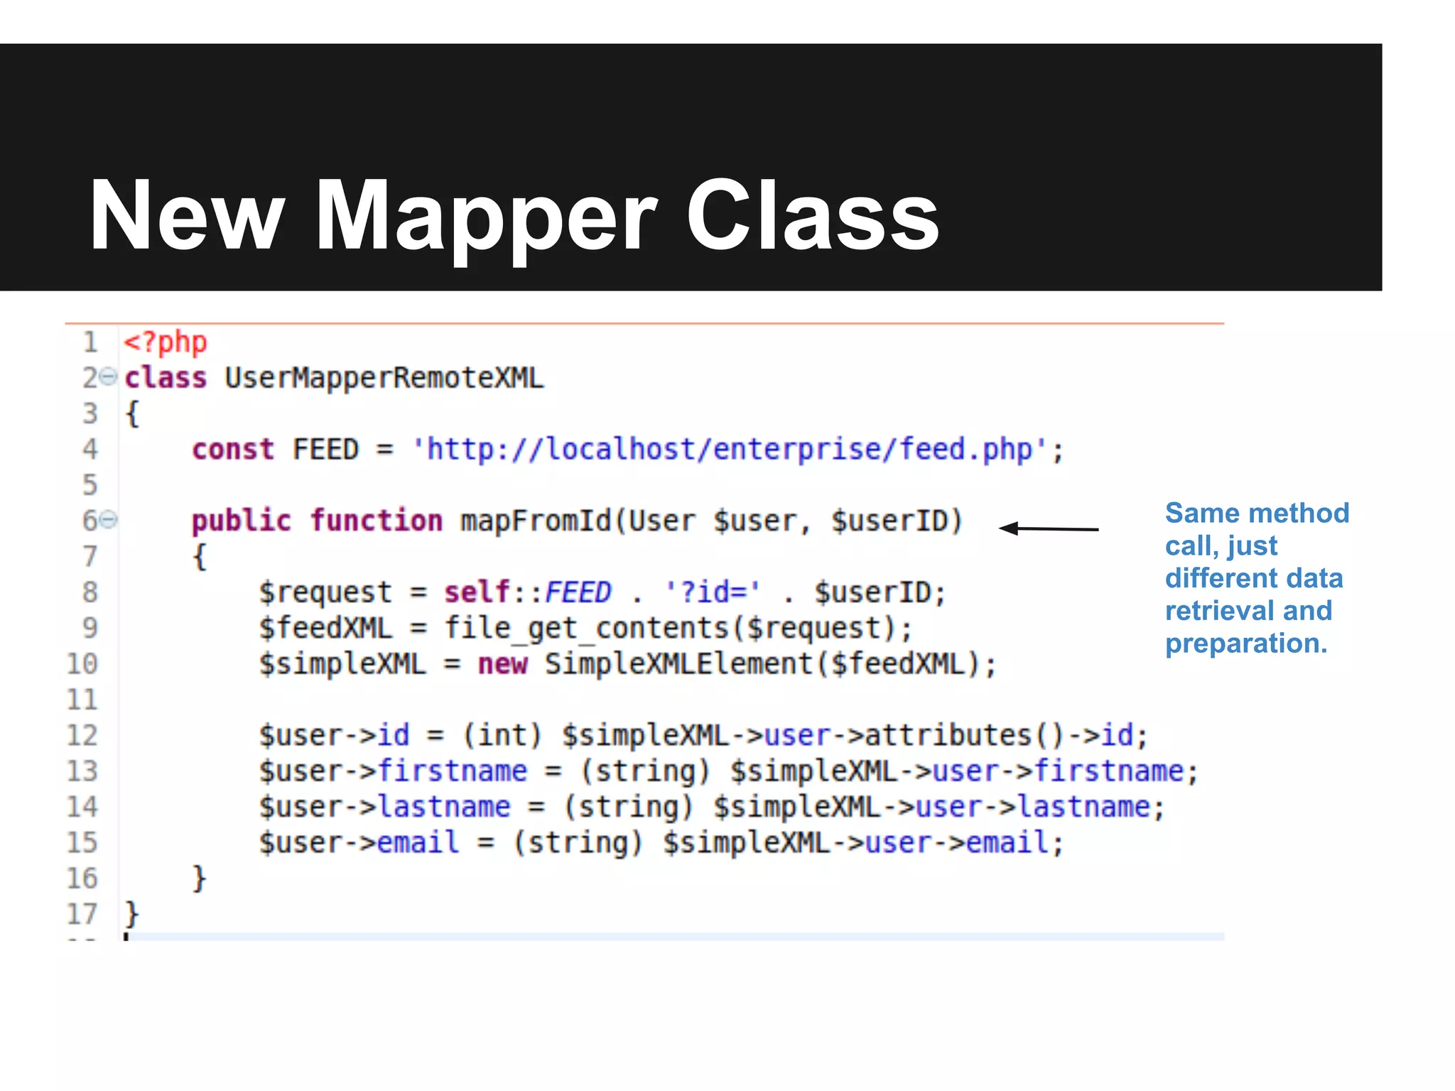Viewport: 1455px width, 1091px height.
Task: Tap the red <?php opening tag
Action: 166,342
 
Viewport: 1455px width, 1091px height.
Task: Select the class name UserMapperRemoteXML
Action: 384,378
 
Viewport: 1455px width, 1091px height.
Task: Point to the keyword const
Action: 233,450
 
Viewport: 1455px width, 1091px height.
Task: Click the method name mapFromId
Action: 535,521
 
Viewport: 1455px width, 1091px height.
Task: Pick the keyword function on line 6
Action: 377,521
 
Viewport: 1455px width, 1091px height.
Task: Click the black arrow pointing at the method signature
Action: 1049,528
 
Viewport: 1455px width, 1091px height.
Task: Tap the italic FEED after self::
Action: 578,592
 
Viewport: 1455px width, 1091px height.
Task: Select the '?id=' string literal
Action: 713,592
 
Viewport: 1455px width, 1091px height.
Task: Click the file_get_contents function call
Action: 587,629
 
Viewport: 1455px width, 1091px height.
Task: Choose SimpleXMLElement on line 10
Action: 678,664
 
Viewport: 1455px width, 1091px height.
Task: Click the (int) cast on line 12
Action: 502,736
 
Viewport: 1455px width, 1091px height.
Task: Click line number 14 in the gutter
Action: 82,808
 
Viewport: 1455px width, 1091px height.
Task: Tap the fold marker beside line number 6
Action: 108,520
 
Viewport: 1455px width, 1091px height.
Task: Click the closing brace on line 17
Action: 131,913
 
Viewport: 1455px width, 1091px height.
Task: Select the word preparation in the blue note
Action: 1245,644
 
